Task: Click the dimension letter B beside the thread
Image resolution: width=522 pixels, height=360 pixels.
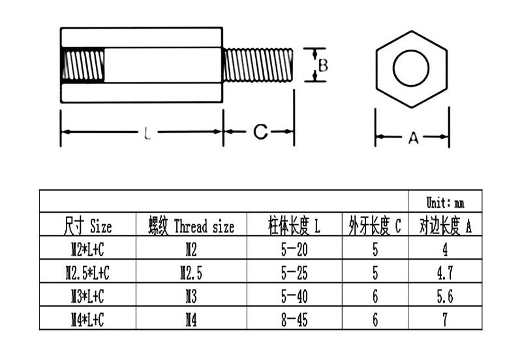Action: [322, 65]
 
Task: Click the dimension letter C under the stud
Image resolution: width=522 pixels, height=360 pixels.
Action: [260, 132]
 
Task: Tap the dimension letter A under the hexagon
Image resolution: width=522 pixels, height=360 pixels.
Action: [412, 138]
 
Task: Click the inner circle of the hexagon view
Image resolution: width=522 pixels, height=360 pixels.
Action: [412, 68]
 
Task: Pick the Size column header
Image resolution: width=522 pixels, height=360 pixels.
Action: [88, 227]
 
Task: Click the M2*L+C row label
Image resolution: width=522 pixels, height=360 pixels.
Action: [88, 249]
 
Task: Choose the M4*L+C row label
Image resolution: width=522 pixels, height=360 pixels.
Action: [88, 319]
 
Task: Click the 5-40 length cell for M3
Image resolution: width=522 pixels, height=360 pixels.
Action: [294, 296]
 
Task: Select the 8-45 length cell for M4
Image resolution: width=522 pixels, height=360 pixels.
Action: [294, 319]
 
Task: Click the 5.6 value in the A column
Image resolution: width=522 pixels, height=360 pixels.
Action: [445, 296]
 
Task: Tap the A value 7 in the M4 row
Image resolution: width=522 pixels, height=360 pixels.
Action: [445, 319]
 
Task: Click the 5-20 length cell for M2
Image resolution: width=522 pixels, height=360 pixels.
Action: [294, 249]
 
